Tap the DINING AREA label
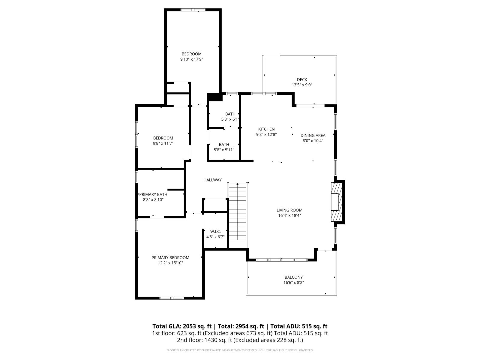pyautogui.click(x=313, y=136)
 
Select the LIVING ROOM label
pyautogui.click(x=289, y=210)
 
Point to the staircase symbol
pyautogui.click(x=238, y=211)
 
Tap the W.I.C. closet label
pyautogui.click(x=215, y=232)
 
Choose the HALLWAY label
pyautogui.click(x=212, y=180)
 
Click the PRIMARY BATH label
pyautogui.click(x=153, y=194)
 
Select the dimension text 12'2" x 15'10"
pyautogui.click(x=170, y=263)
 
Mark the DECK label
pyautogui.click(x=302, y=79)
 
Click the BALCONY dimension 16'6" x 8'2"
pyautogui.click(x=294, y=283)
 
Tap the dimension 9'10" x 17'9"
pyautogui.click(x=191, y=59)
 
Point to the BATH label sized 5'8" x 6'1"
pyautogui.click(x=230, y=114)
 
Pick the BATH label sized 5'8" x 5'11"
pyautogui.click(x=224, y=145)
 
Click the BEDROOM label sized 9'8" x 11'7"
pyautogui.click(x=163, y=138)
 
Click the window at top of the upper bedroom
pyautogui.click(x=193, y=10)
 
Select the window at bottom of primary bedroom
pyautogui.click(x=172, y=298)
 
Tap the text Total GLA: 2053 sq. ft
pyautogui.click(x=182, y=326)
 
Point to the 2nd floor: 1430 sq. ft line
pyautogui.click(x=240, y=340)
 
